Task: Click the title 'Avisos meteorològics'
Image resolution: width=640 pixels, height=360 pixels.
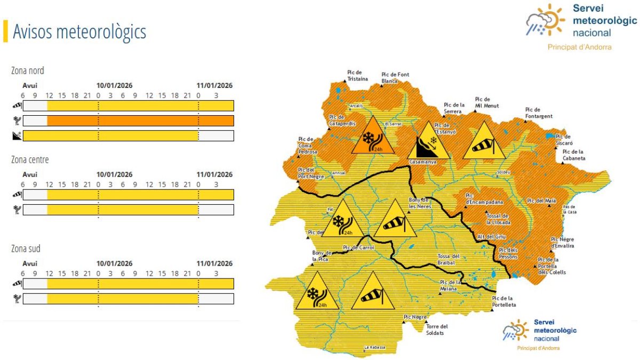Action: (x=79, y=32)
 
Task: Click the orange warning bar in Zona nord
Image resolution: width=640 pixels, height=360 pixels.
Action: (x=140, y=121)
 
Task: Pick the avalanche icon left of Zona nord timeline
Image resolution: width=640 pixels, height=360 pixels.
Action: (x=17, y=136)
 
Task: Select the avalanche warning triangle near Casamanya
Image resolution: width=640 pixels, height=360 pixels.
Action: (x=428, y=142)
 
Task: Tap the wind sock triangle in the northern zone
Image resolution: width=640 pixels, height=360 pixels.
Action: (x=484, y=142)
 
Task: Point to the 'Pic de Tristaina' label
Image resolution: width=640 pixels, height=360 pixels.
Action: (x=357, y=75)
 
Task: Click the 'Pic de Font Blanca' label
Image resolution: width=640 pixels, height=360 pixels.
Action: (x=395, y=77)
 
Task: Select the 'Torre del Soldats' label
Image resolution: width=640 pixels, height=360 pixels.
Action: (x=437, y=330)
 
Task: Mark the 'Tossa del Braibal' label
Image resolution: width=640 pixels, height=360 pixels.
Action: (x=449, y=259)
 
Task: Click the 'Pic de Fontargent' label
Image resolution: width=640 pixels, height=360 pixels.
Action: (x=539, y=113)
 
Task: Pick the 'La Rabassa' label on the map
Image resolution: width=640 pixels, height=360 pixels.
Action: (x=374, y=348)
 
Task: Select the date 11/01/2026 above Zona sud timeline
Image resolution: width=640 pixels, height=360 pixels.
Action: (x=214, y=263)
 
